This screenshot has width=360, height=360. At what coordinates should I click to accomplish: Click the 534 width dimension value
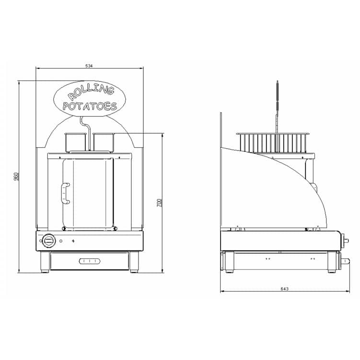pos(89,66)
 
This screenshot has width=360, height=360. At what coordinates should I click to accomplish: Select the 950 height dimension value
pos(16,176)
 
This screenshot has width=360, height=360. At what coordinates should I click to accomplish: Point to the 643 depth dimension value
pos(284,289)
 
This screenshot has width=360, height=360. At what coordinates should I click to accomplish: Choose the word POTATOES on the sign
pos(90,106)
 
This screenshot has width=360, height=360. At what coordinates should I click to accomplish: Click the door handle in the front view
pos(66,193)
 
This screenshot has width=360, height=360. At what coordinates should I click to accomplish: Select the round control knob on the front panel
pos(49,241)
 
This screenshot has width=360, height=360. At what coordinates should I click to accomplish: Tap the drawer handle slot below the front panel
pos(90,261)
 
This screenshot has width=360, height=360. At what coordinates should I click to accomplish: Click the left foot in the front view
pos(45,262)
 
